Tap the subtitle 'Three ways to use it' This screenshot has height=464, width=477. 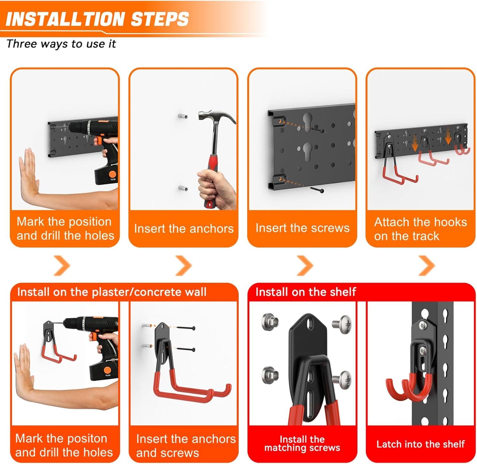[61, 44]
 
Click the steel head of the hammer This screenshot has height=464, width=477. [216, 117]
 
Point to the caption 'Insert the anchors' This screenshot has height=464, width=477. [184, 228]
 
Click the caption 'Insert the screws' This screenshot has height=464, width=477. [302, 228]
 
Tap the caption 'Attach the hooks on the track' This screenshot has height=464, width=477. [420, 229]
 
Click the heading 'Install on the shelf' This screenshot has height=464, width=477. [306, 292]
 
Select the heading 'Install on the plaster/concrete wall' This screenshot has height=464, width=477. [112, 292]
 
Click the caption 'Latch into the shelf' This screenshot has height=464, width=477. [420, 444]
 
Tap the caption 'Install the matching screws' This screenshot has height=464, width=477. [302, 444]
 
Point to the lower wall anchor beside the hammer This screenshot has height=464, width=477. [183, 188]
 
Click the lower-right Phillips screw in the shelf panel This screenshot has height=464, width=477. [342, 379]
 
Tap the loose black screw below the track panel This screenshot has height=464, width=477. [317, 190]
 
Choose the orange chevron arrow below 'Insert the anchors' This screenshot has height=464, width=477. [184, 265]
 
